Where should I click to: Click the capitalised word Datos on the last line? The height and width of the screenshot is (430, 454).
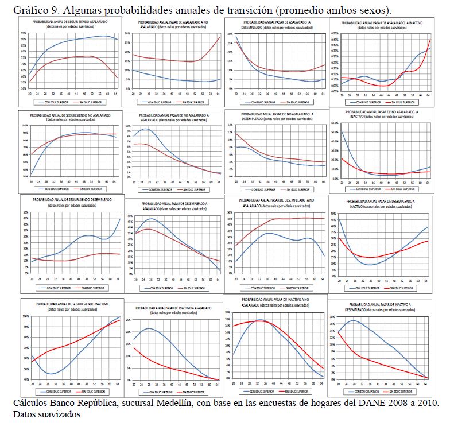click(25, 413)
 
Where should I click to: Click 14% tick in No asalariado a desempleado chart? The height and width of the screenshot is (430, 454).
click(230, 125)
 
